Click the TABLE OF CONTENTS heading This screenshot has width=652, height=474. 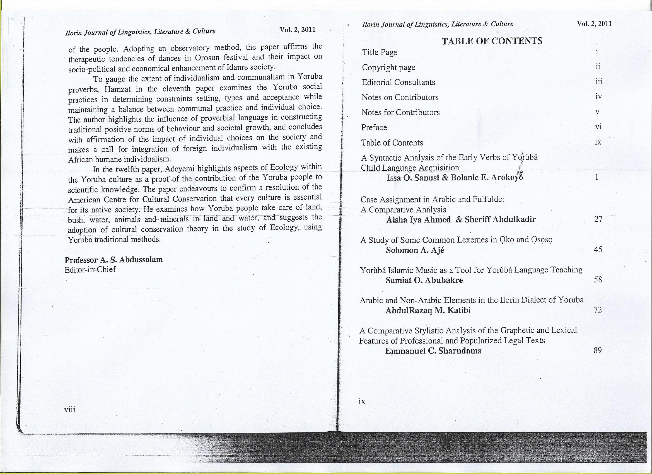point(492,41)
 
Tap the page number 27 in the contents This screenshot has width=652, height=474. point(598,219)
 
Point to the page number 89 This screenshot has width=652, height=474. point(598,350)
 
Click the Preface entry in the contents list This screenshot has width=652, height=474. point(374,127)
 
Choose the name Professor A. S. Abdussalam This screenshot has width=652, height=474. point(114,260)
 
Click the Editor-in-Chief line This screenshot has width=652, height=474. point(90,270)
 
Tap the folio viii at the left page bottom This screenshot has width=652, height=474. point(70,410)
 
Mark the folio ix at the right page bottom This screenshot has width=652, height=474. point(362,402)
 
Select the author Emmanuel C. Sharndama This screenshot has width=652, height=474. point(433,351)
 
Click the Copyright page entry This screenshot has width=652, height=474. point(388,67)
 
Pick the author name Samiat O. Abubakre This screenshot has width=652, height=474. point(424,280)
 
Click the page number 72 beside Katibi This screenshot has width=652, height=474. point(598,310)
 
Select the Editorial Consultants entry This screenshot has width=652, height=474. point(398,83)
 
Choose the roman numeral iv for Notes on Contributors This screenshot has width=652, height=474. point(598,97)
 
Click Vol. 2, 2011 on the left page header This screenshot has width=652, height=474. point(298,30)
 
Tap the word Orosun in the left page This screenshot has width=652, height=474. point(207,58)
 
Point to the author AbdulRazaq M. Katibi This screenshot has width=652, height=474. point(428,310)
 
